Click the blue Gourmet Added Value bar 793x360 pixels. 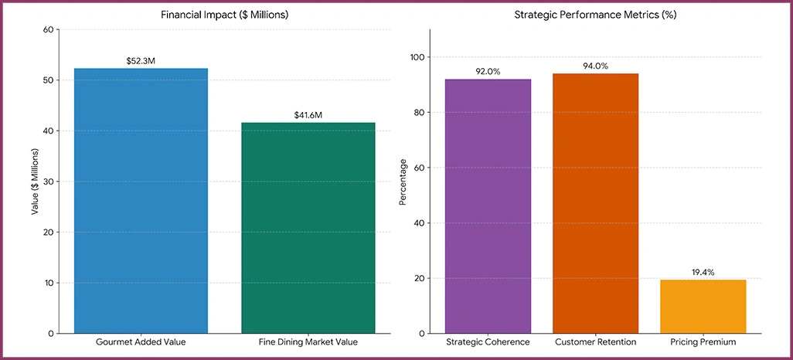(x=141, y=201)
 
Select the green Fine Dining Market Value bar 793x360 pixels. (x=308, y=228)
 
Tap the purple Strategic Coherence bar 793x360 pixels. (x=488, y=206)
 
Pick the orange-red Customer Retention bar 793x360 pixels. (x=595, y=203)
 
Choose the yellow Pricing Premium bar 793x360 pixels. (x=703, y=307)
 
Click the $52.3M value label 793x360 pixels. (x=141, y=60)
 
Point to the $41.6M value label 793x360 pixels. (x=308, y=115)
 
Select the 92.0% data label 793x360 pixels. (x=488, y=72)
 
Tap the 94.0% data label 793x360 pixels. (x=595, y=66)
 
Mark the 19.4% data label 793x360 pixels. (x=703, y=273)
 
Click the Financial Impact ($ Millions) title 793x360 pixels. (x=224, y=15)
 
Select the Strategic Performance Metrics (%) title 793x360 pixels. (x=595, y=15)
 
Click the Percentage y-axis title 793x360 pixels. (x=402, y=182)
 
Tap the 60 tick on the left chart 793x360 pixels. (x=49, y=30)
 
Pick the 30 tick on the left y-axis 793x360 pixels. (x=49, y=182)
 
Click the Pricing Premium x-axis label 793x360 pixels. (x=703, y=342)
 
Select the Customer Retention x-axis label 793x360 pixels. (x=595, y=342)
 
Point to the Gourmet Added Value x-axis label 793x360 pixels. (x=141, y=342)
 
